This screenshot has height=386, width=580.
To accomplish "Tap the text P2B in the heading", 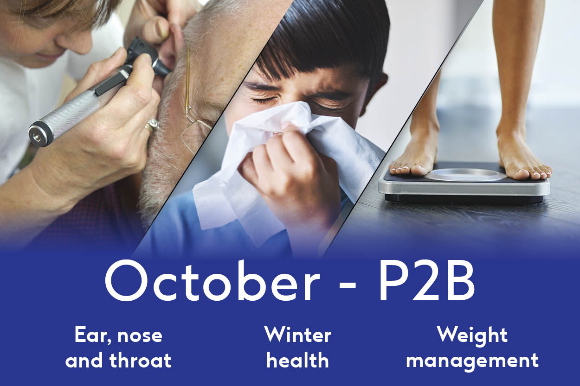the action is click(x=426, y=282).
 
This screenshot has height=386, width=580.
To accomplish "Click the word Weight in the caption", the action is click(x=472, y=336).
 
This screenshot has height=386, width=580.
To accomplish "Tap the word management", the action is click(x=472, y=361).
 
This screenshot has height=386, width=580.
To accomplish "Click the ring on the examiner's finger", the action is click(x=153, y=126).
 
